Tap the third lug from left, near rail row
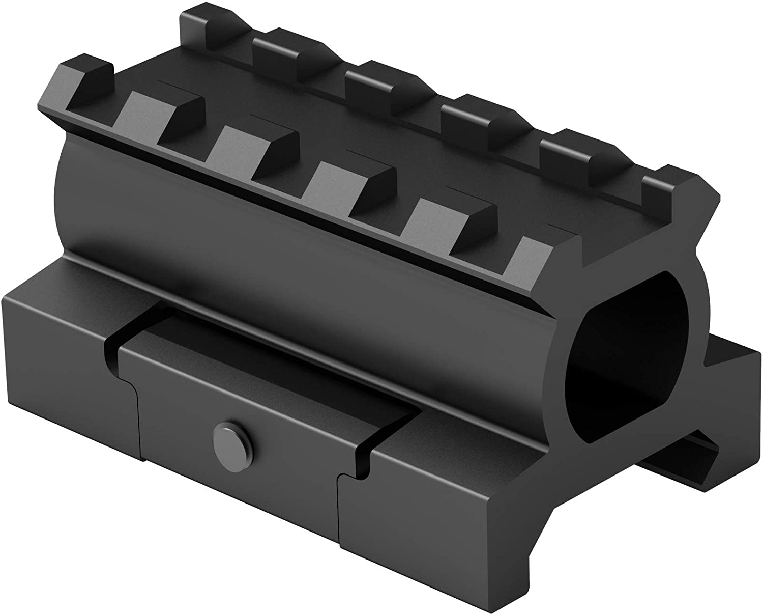pos(254,145)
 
